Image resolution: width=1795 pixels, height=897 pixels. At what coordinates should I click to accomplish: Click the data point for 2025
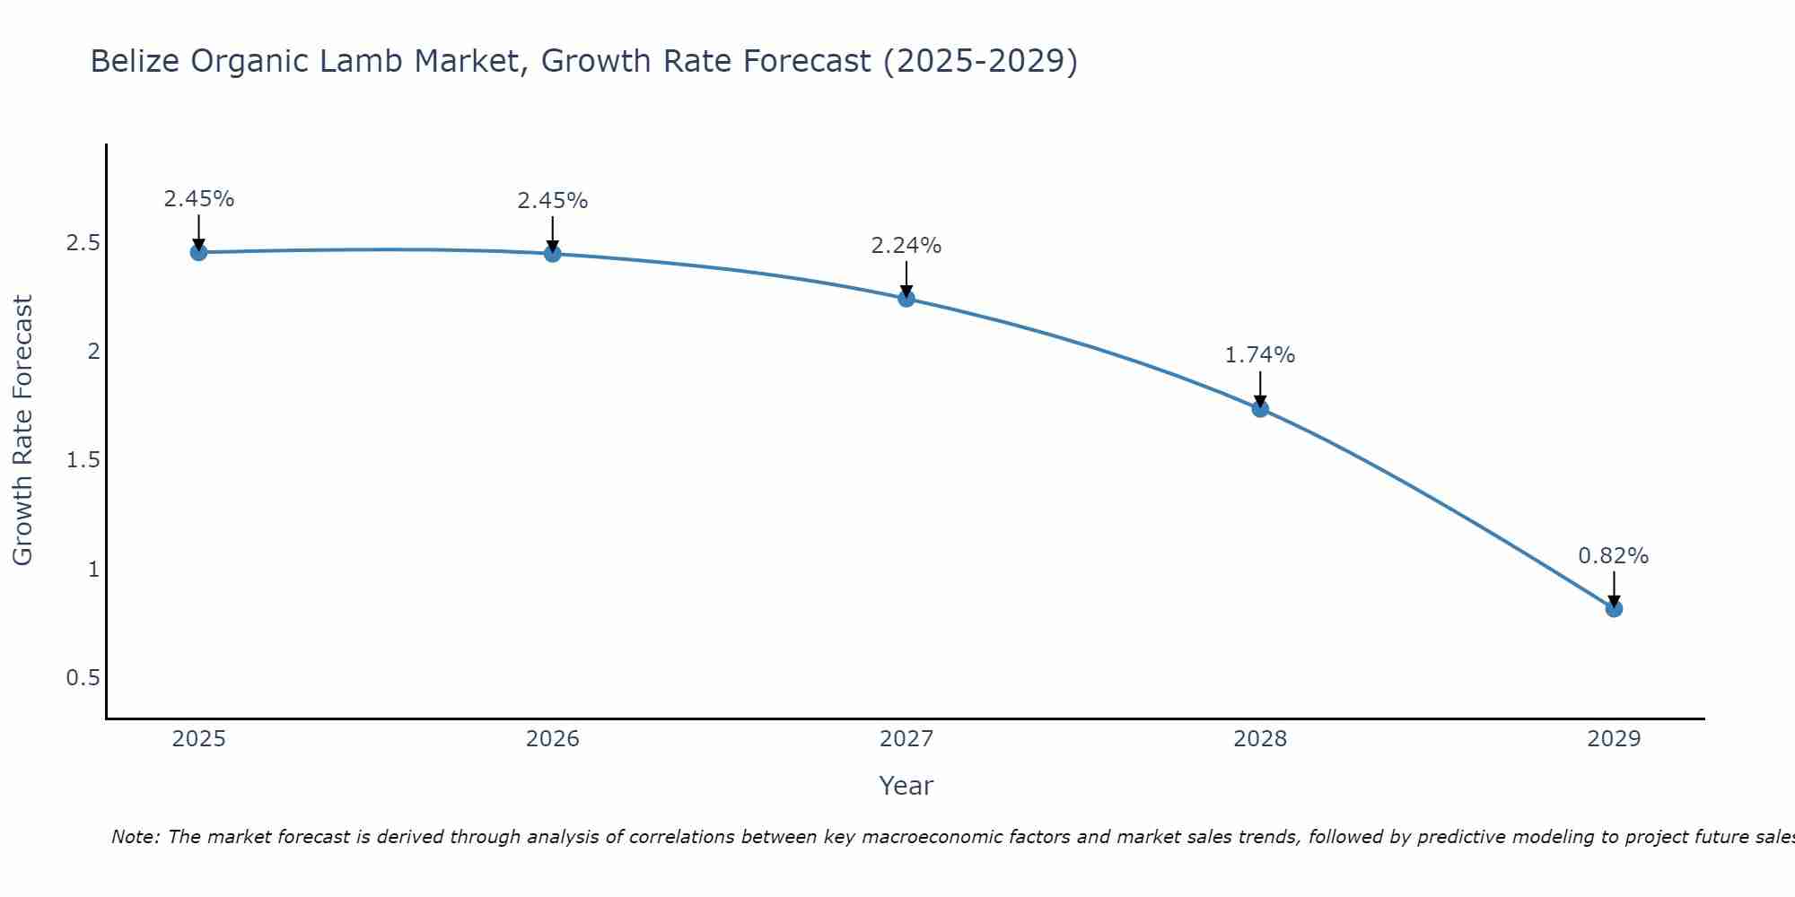pyautogui.click(x=198, y=253)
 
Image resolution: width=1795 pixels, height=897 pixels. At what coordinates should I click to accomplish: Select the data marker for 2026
pyautogui.click(x=553, y=254)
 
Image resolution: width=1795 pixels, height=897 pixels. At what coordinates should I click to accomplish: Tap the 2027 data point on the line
pyautogui.click(x=906, y=299)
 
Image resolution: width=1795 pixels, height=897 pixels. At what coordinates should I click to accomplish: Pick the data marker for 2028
pyautogui.click(x=1260, y=409)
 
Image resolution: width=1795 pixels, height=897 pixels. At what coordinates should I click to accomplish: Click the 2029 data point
pyautogui.click(x=1614, y=609)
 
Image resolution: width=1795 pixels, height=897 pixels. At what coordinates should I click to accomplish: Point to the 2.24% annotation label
pyautogui.click(x=906, y=246)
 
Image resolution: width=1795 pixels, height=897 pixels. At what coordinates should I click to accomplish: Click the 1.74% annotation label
pyautogui.click(x=1260, y=355)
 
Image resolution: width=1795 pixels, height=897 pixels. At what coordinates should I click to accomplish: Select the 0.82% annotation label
pyautogui.click(x=1614, y=556)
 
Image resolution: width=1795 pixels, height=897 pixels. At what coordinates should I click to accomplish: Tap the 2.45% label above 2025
pyautogui.click(x=198, y=199)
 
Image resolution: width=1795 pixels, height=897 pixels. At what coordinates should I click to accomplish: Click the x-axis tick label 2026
pyautogui.click(x=553, y=739)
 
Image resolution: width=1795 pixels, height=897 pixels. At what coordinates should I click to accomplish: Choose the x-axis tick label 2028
pyautogui.click(x=1260, y=739)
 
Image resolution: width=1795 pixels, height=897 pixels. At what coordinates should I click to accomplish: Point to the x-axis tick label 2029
pyautogui.click(x=1614, y=739)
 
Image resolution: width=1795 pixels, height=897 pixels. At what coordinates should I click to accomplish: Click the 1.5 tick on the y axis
pyautogui.click(x=83, y=460)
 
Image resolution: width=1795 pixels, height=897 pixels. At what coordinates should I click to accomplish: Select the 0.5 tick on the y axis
pyautogui.click(x=83, y=678)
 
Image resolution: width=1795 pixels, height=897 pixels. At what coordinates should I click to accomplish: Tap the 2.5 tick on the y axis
pyautogui.click(x=83, y=243)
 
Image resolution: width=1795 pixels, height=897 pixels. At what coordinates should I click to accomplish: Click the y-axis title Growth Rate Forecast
pyautogui.click(x=22, y=431)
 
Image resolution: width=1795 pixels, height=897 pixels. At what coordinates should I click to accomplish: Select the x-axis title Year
pyautogui.click(x=906, y=786)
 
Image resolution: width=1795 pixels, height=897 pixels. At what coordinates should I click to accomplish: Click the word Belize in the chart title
pyautogui.click(x=132, y=61)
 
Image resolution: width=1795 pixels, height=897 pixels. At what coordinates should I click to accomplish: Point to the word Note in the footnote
pyautogui.click(x=135, y=837)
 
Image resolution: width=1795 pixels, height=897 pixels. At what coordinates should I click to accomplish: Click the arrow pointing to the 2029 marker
pyautogui.click(x=1614, y=588)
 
